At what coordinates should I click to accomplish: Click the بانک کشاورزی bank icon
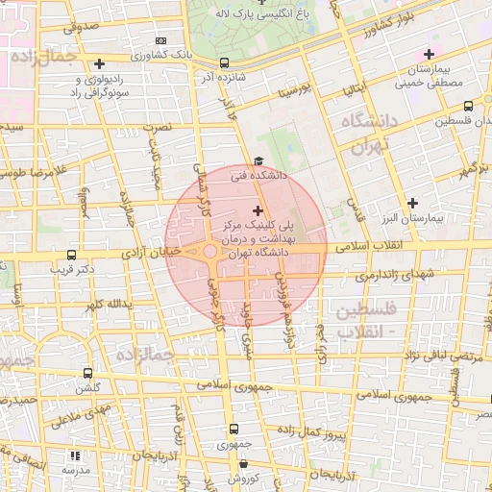(160, 41)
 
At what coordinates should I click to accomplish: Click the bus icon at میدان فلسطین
(467, 107)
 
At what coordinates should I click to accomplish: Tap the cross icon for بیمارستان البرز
(413, 203)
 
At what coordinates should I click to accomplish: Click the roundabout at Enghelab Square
(210, 253)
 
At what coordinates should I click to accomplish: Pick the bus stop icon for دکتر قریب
(71, 256)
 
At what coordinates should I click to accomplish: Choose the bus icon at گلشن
(88, 373)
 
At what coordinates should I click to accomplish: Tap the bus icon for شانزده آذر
(223, 63)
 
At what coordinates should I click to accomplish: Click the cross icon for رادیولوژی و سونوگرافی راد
(99, 63)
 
